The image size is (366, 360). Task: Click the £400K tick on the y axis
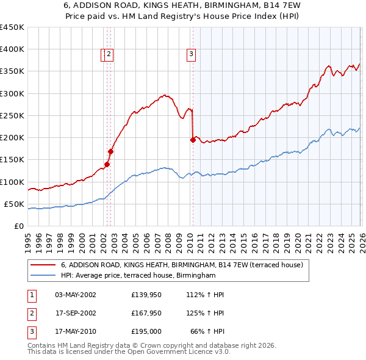12,49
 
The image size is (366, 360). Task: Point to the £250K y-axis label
12,115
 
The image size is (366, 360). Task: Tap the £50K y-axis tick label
15,204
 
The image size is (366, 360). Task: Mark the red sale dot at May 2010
193,140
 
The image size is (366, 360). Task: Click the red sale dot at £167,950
111,151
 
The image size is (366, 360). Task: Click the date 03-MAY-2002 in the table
76,295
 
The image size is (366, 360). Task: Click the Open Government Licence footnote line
129,351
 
